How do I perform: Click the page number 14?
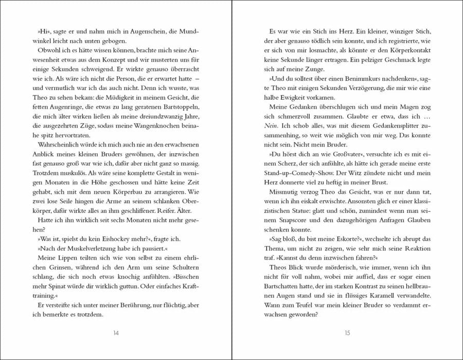pyautogui.click(x=116, y=333)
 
